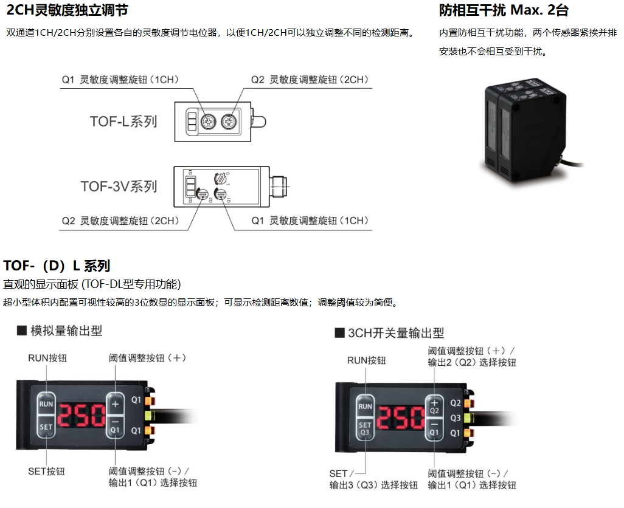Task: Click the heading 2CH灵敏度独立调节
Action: pos(67,10)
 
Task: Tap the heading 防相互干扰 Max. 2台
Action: pos(504,10)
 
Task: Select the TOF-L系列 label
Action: pos(123,122)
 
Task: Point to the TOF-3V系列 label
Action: pos(119,186)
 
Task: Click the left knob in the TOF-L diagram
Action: pos(208,122)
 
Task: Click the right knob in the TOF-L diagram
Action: pos(229,122)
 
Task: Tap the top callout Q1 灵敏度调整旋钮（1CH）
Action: pos(120,80)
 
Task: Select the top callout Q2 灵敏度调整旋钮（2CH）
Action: pos(310,80)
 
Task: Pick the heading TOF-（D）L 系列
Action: pos(57,266)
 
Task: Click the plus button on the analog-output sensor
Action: pos(115,404)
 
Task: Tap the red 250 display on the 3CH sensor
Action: pos(401,418)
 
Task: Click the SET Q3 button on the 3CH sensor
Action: pos(365,429)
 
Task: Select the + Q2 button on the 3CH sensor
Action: pos(434,407)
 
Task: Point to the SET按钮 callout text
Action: pos(46,472)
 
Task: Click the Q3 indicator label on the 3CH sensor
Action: pos(456,418)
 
